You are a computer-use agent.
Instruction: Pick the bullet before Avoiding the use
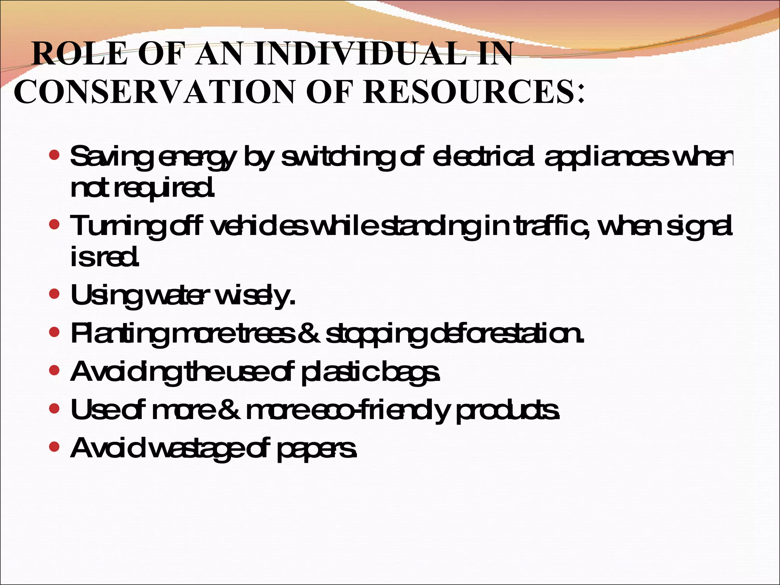(x=54, y=370)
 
